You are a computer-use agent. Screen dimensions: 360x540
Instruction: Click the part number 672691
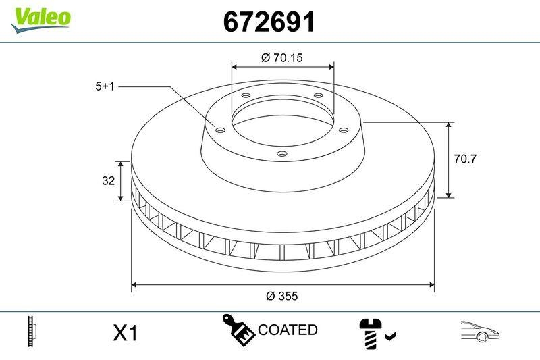click(x=269, y=23)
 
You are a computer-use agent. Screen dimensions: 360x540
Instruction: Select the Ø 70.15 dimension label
click(x=281, y=58)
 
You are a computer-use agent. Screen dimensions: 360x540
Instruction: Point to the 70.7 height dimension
click(x=465, y=159)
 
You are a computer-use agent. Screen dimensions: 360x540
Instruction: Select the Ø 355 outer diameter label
click(x=282, y=296)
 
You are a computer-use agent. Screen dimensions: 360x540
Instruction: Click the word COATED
click(x=288, y=330)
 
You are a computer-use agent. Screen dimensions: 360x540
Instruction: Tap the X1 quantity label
click(x=125, y=333)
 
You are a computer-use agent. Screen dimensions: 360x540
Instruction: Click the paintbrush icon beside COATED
click(x=239, y=330)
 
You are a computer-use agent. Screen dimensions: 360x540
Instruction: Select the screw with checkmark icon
click(x=376, y=332)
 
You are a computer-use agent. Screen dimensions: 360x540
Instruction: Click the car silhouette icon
click(x=479, y=330)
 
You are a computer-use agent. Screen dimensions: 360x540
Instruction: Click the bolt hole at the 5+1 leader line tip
click(x=219, y=130)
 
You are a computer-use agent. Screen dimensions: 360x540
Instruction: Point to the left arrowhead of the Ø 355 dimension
click(x=134, y=284)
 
